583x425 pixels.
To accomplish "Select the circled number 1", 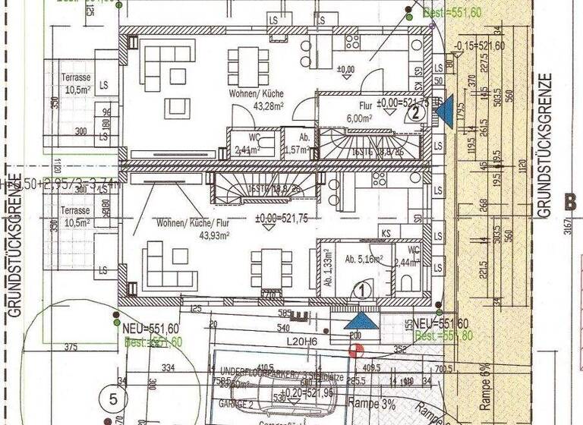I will click(x=363, y=288).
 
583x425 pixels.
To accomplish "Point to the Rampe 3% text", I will click(x=372, y=405).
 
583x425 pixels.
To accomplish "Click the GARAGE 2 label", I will click(x=236, y=406).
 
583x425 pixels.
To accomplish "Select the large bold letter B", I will click(x=572, y=203).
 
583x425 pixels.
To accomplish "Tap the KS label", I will click(x=386, y=234).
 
